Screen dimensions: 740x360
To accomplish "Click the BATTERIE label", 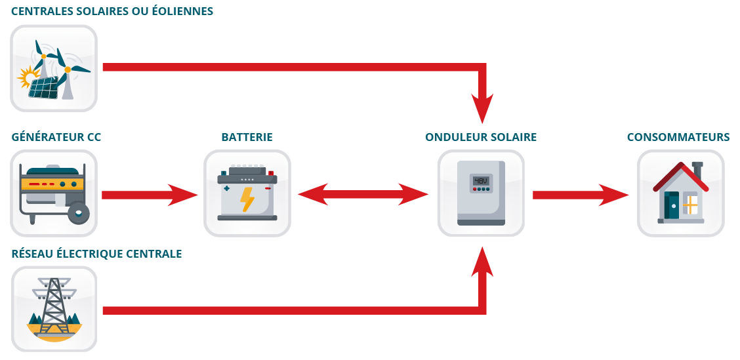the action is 247,137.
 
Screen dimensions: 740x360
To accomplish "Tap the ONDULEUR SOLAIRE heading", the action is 481,137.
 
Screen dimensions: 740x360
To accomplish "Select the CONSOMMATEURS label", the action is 678,137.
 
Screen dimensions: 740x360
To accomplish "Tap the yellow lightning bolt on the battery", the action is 247,199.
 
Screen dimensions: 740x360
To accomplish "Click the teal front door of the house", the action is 671,205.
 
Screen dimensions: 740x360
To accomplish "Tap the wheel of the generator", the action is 78,212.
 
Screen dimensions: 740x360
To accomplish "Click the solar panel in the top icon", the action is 44,87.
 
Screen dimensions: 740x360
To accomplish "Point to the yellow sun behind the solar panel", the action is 26,77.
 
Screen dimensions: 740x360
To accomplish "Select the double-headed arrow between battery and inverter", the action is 363,194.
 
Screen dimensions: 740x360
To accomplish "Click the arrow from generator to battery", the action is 150,195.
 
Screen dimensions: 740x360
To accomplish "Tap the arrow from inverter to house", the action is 581,195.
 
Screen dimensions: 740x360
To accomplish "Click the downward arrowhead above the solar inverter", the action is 482,108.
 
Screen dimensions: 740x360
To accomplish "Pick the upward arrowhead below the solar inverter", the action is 482,261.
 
